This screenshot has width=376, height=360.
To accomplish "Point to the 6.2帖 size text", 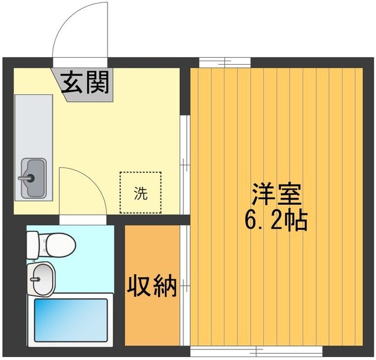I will [x=276, y=220].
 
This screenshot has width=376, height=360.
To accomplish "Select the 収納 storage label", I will [x=153, y=286].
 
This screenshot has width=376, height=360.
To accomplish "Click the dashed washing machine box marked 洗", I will [x=140, y=192].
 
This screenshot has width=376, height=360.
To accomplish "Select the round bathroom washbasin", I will [x=41, y=275].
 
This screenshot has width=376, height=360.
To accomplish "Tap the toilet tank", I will [x=32, y=241].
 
